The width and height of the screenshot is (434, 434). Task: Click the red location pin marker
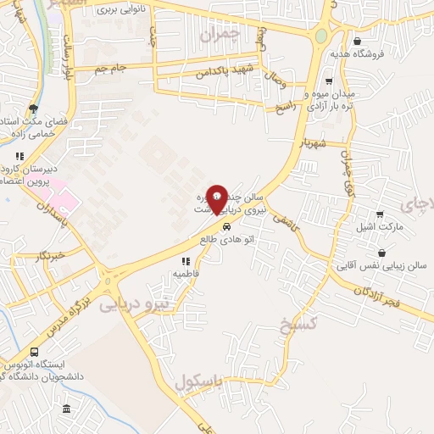coord(218,198)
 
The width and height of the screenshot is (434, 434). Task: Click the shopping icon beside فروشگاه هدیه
coord(357,40)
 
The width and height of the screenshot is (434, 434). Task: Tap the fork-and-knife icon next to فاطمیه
coord(185,261)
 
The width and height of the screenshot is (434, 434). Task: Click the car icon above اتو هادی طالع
coord(225,227)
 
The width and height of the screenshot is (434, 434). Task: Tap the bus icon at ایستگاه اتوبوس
coord(34,352)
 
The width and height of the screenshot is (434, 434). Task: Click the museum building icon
coord(66,410)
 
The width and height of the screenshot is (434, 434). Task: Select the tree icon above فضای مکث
coord(33,108)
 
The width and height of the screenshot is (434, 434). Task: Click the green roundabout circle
coord(321,36)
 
